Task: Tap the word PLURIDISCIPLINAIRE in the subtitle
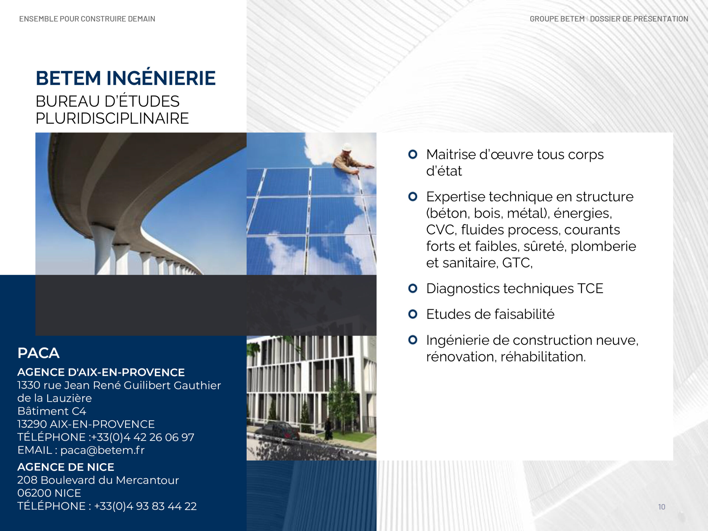(x=112, y=118)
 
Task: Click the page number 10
(x=662, y=507)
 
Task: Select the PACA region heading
(x=38, y=353)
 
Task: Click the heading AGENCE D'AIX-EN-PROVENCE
(x=101, y=372)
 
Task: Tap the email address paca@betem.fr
(x=102, y=450)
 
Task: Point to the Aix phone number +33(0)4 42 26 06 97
(x=143, y=437)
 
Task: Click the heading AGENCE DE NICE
(x=66, y=467)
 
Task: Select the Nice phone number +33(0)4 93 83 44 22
(x=145, y=506)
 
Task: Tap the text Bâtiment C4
(x=52, y=411)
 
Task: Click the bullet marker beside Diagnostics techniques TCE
(x=413, y=288)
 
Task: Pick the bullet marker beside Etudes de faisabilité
(x=413, y=314)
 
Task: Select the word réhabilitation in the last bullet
(x=543, y=356)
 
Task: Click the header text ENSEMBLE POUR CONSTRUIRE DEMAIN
(x=87, y=19)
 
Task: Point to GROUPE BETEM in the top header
(x=557, y=19)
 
